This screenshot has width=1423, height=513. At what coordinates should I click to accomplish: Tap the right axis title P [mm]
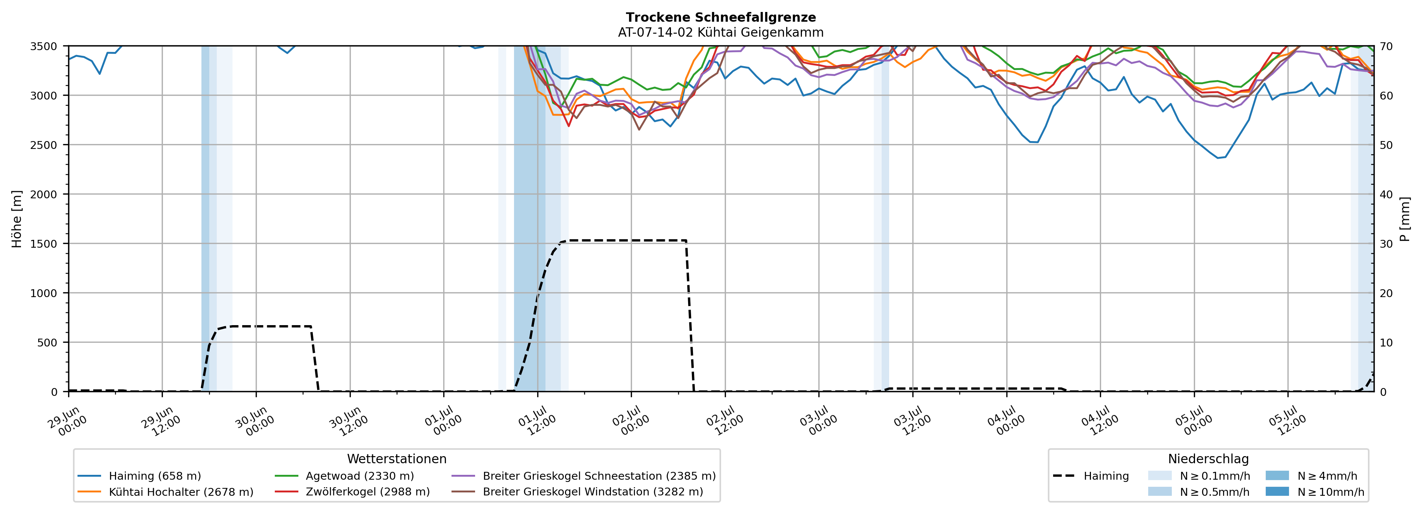1405,219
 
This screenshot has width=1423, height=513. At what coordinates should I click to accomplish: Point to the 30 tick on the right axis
1386,244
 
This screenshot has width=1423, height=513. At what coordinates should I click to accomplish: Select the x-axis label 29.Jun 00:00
68,421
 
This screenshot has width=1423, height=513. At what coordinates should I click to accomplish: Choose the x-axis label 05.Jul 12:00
1287,421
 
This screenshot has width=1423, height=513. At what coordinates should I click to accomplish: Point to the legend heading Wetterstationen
396,459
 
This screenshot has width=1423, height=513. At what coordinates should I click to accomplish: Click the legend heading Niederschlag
1208,459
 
